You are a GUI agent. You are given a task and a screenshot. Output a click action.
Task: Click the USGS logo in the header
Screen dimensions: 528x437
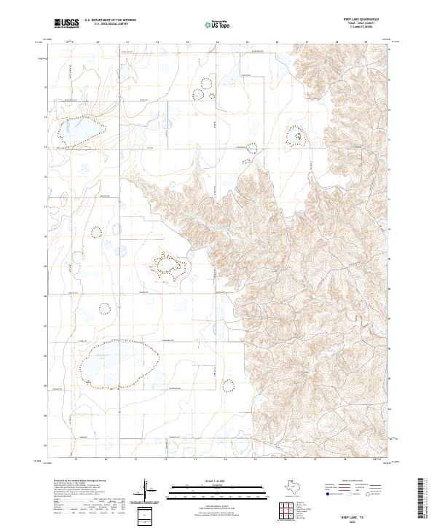click(x=66, y=23)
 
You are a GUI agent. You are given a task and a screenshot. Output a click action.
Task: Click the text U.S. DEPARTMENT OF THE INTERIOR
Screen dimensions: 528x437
click(x=109, y=20)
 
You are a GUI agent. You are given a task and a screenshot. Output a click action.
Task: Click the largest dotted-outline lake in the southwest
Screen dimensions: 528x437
click(x=119, y=360)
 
